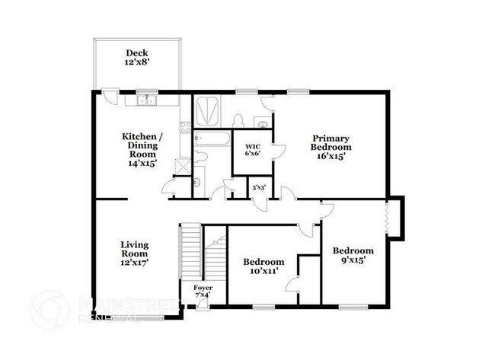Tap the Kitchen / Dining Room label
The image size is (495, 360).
click(142, 149)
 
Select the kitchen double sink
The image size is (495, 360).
click(146, 100)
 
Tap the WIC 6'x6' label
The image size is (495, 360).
click(253, 150)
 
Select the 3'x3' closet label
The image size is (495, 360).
click(259, 186)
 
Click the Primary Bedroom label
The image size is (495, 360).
click(331, 147)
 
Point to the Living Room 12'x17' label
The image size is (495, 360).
click(134, 253)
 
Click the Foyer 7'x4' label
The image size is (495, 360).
click(193, 290)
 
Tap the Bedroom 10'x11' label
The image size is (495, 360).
click(263, 266)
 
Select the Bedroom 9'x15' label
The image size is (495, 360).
click(353, 255)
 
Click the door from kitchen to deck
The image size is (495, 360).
click(111, 97)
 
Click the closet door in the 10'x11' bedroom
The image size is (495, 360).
click(292, 285)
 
